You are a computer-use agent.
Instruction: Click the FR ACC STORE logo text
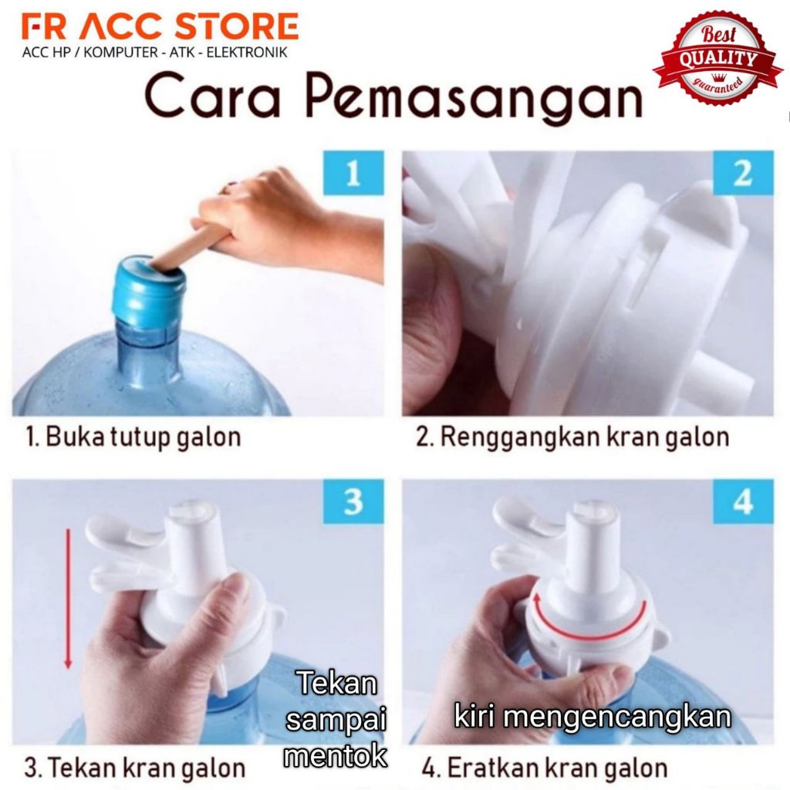pos(160,27)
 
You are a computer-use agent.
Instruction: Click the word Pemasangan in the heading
pos(474,96)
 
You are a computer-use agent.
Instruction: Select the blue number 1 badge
pos(353,172)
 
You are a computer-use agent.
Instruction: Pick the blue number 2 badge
pos(743,172)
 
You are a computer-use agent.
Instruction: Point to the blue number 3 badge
pos(353,501)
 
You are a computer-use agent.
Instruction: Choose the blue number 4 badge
pos(743,501)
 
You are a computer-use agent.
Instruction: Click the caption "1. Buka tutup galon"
pos(133,437)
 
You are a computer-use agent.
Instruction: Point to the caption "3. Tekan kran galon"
pos(134,768)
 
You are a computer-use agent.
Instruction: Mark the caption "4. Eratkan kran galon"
pos(545,768)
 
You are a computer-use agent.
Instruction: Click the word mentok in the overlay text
pos(336,756)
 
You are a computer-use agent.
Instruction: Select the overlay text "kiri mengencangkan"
pos(592,717)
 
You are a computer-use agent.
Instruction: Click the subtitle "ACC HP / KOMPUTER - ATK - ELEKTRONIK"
pos(154,52)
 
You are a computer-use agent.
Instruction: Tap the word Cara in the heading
pos(212,96)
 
